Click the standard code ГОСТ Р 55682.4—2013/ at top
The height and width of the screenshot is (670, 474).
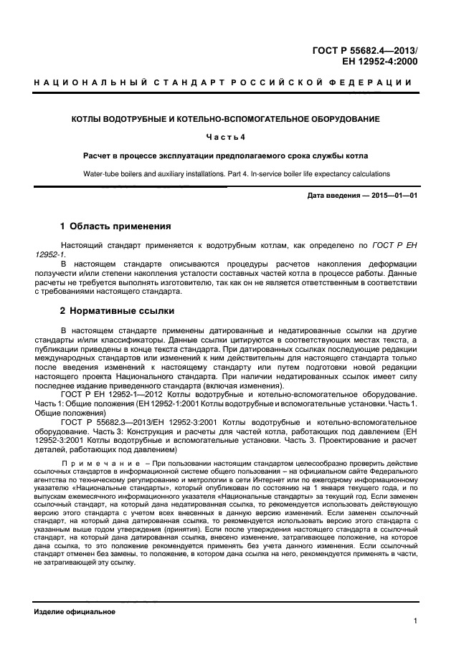point(365,50)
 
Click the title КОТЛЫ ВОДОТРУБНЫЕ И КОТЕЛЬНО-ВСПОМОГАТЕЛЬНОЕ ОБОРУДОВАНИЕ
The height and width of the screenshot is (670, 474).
point(226,118)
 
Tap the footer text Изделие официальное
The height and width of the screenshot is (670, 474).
point(75,612)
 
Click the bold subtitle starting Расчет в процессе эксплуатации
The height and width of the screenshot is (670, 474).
point(226,155)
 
